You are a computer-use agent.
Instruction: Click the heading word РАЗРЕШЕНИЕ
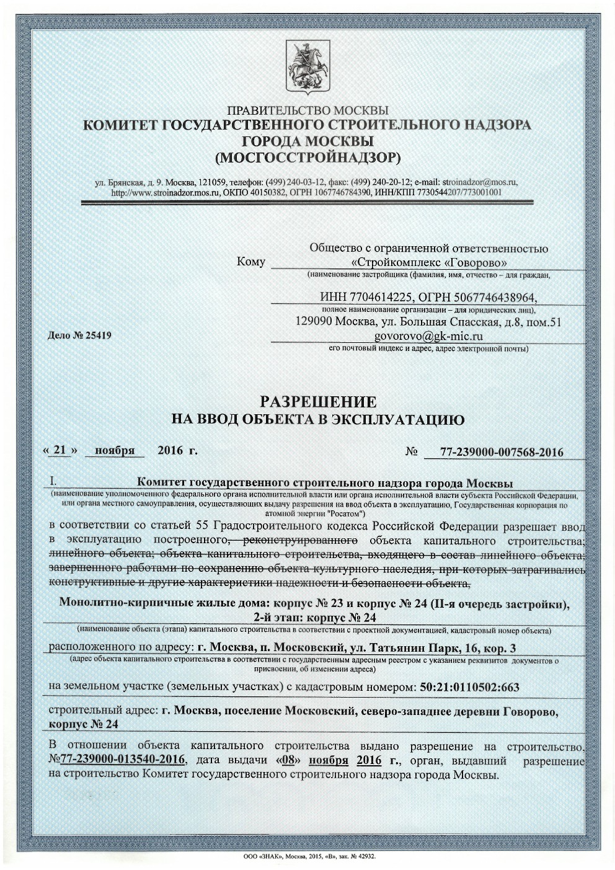pyautogui.click(x=317, y=401)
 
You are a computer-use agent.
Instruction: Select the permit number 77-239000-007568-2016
pyautogui.click(x=502, y=452)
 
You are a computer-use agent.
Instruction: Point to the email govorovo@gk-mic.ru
pyautogui.click(x=428, y=337)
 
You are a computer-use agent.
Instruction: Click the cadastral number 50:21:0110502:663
pyautogui.click(x=469, y=687)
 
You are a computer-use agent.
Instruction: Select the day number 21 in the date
pyautogui.click(x=60, y=450)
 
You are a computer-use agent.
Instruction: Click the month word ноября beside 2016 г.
pyautogui.click(x=114, y=451)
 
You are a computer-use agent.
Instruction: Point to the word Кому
pyautogui.click(x=251, y=262)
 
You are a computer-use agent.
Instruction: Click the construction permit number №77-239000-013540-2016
pyautogui.click(x=118, y=760)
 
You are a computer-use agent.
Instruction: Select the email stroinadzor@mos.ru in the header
pyautogui.click(x=479, y=182)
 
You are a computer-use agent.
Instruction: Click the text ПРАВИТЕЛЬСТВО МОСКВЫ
pyautogui.click(x=307, y=111)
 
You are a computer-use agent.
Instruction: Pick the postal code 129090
pyautogui.click(x=311, y=322)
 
